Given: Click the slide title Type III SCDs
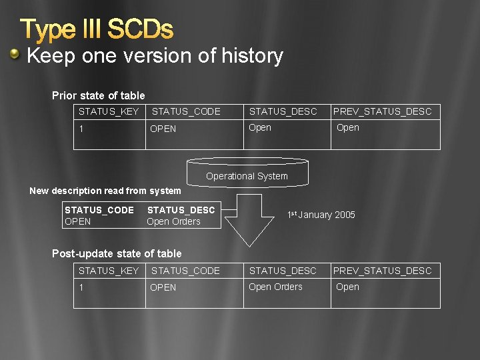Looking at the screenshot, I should click(x=97, y=29).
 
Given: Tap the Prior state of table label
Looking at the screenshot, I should click(x=98, y=95).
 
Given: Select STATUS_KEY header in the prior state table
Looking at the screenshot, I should click(x=109, y=111).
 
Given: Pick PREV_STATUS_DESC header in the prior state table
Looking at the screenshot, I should click(x=383, y=111).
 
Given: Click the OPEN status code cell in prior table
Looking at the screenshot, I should click(x=163, y=129).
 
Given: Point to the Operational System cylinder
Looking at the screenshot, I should click(x=247, y=173).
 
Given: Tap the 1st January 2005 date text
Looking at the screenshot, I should click(x=321, y=215).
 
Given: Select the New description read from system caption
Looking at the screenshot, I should click(x=105, y=191).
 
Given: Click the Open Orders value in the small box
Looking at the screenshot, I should click(x=173, y=221).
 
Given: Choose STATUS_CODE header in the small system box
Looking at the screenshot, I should click(x=99, y=210).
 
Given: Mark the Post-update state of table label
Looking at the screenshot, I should click(x=117, y=253).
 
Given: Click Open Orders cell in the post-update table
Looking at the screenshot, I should click(x=275, y=287).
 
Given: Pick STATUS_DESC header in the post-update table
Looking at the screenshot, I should click(x=283, y=271).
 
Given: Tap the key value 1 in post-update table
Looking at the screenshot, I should click(x=81, y=287).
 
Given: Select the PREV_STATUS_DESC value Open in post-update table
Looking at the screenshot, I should click(x=347, y=287).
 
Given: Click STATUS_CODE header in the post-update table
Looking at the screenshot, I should click(x=185, y=271).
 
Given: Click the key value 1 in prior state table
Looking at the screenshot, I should click(x=81, y=129).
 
